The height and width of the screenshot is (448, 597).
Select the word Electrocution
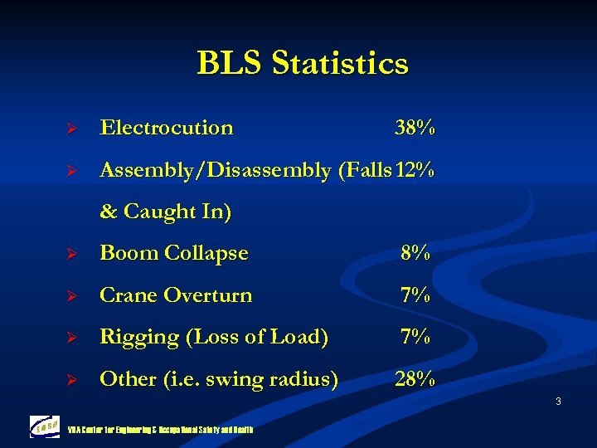click(x=166, y=128)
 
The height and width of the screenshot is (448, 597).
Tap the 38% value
click(x=415, y=128)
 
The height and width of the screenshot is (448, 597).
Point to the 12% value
click(x=415, y=170)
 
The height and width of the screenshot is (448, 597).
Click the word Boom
click(x=127, y=253)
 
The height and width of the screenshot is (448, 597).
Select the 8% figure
click(x=415, y=253)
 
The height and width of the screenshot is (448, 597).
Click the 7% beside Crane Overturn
click(x=415, y=295)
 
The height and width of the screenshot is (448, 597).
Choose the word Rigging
click(x=133, y=338)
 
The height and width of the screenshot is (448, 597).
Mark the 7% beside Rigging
click(x=415, y=338)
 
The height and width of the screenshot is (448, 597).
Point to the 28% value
click(x=415, y=379)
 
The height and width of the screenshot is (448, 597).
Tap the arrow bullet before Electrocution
click(x=71, y=129)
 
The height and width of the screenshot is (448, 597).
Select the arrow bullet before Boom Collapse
click(x=71, y=254)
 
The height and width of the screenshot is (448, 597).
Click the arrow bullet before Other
click(x=71, y=380)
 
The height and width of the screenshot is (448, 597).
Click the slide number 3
click(x=558, y=402)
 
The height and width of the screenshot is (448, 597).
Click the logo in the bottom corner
click(x=44, y=425)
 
